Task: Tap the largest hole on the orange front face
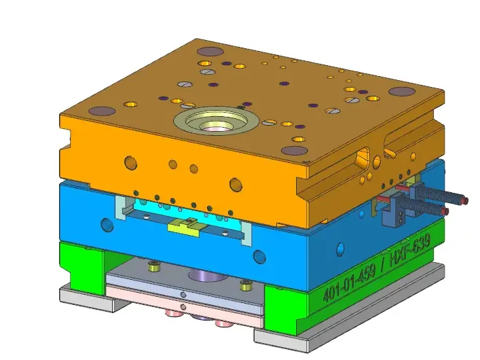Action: click(236, 183)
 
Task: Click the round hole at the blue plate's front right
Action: click(259, 256)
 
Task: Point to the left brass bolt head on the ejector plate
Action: click(153, 266)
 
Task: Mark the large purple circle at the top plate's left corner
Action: click(103, 111)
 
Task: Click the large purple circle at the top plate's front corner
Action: click(294, 151)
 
